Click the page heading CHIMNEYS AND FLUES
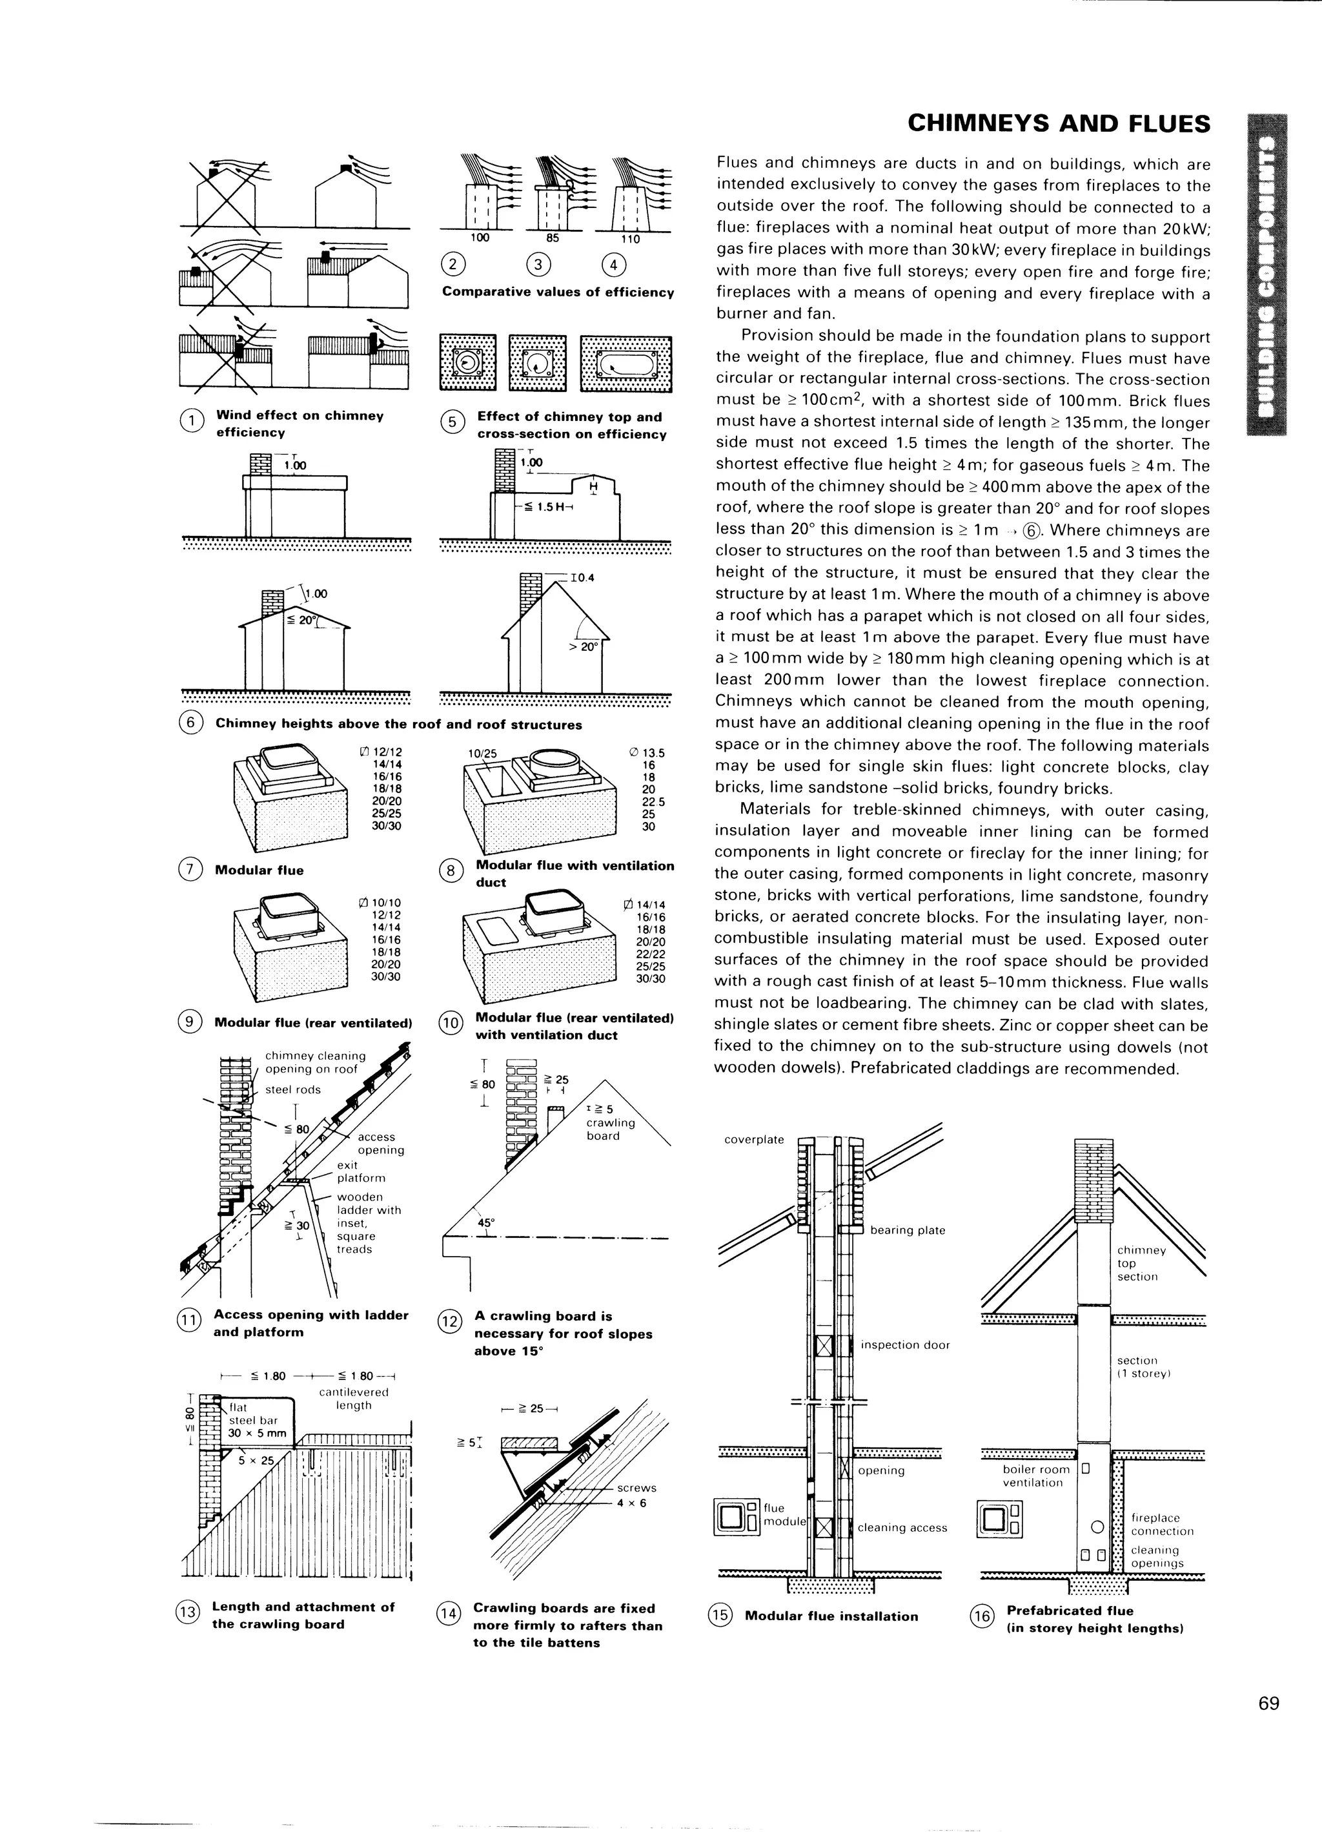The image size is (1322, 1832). (1059, 123)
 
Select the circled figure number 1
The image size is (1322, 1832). (190, 422)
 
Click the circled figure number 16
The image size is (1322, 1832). (980, 1616)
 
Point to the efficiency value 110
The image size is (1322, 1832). (630, 239)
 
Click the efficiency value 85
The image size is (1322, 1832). (553, 238)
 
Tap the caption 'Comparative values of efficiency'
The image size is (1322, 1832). (557, 293)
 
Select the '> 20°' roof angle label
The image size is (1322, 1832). (582, 646)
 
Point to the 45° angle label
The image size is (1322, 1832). (486, 1222)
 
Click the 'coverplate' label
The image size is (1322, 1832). (753, 1140)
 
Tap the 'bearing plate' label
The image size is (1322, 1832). (907, 1230)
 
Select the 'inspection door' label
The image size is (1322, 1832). (904, 1345)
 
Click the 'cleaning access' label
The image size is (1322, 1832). (902, 1527)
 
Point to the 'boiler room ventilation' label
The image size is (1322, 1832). (1036, 1476)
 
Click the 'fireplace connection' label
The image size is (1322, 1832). (1161, 1524)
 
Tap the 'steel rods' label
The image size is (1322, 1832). (293, 1089)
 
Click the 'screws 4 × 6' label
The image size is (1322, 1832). (636, 1494)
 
